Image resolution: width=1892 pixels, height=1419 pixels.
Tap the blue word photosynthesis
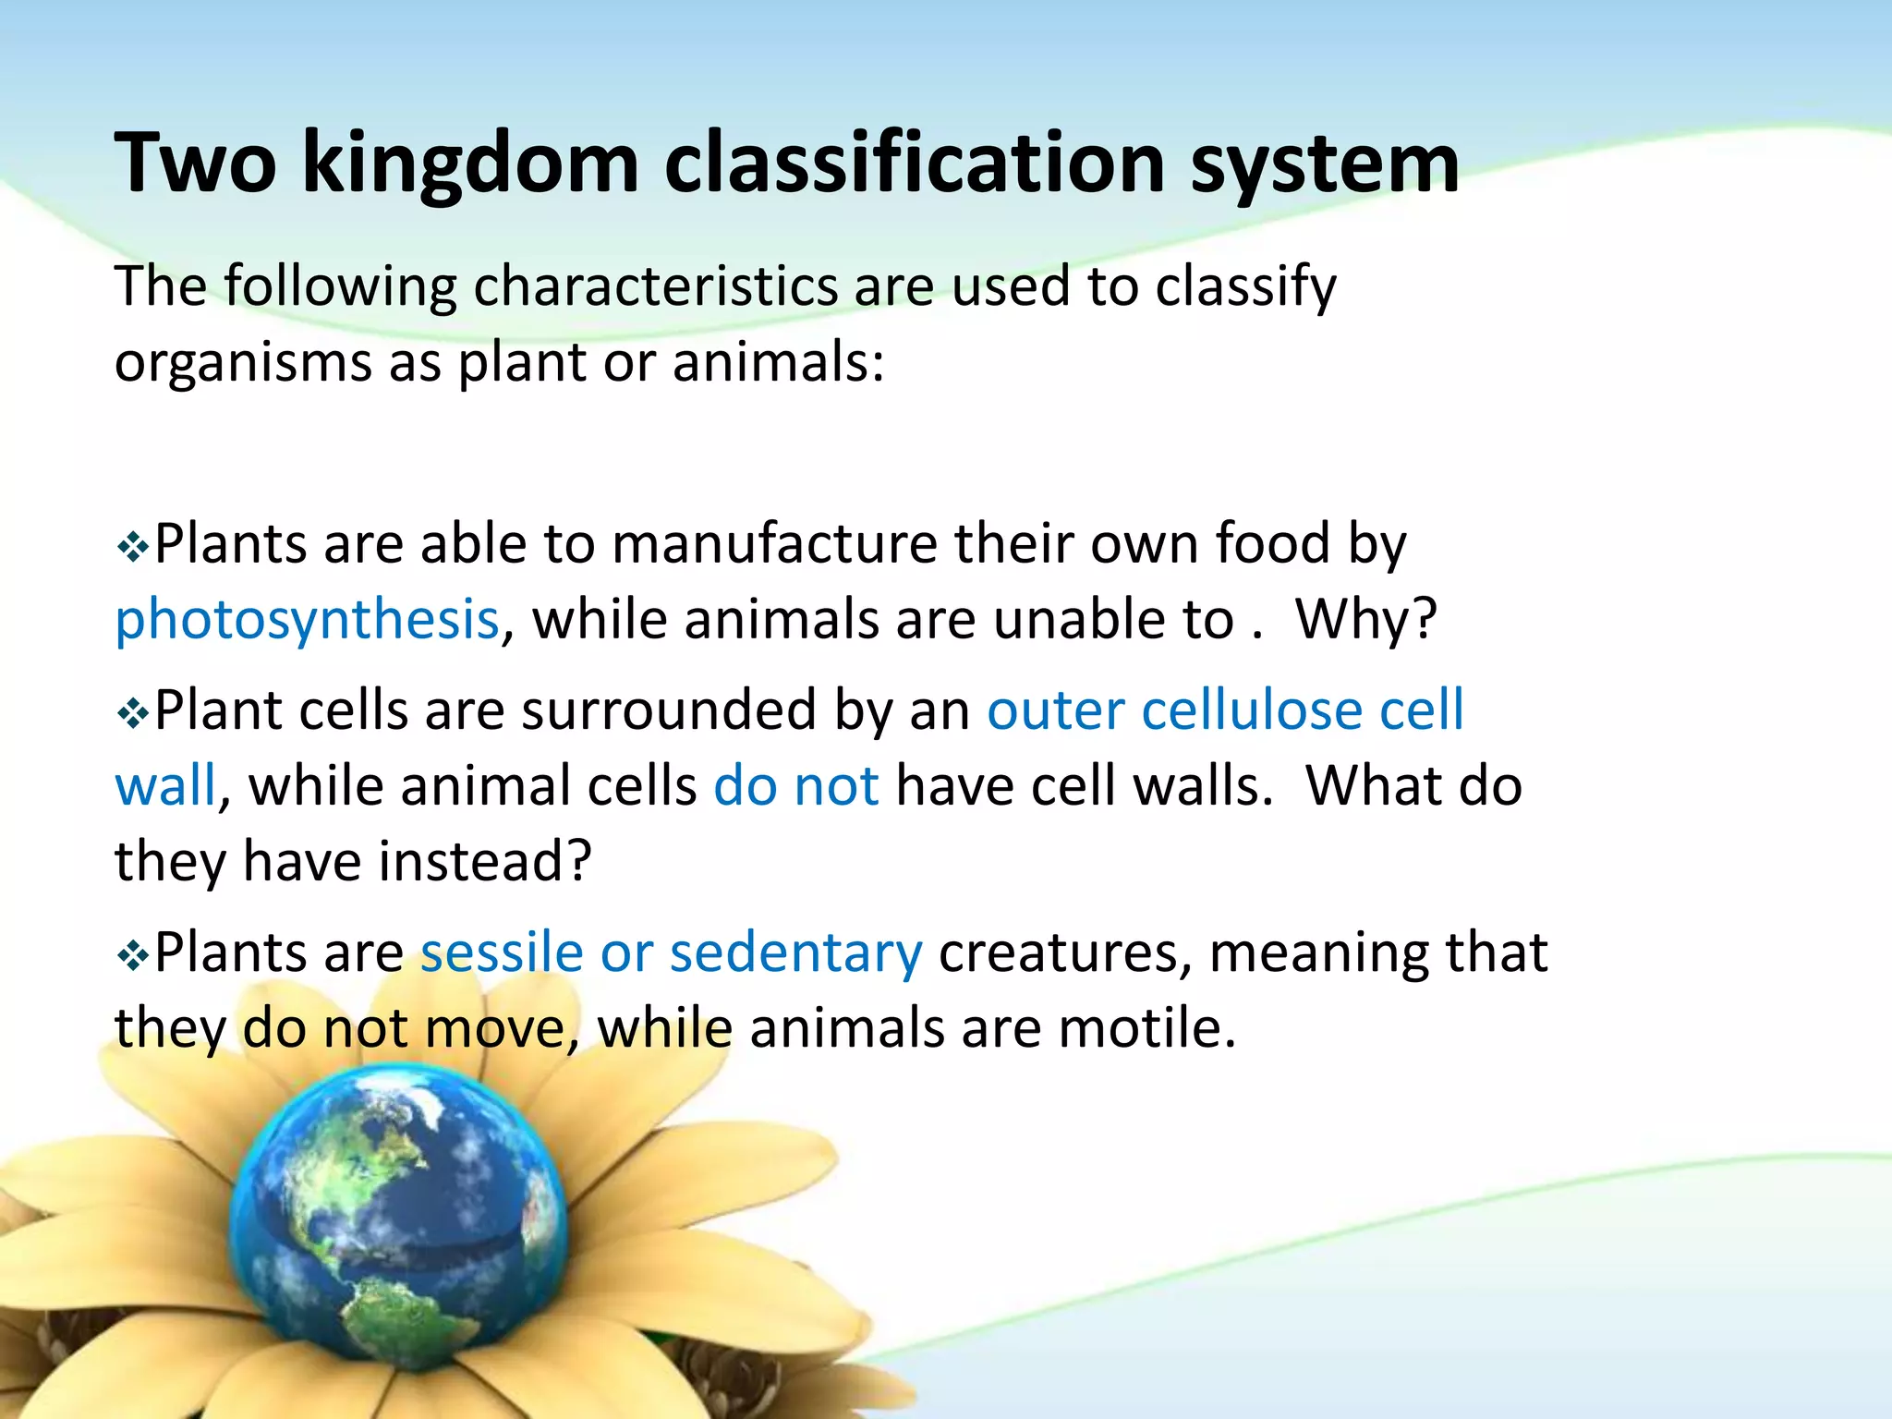(307, 619)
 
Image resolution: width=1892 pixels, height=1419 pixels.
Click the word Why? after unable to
(1366, 619)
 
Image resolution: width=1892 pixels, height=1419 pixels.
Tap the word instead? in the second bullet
(485, 861)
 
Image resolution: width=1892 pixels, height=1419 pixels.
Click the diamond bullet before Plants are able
(133, 548)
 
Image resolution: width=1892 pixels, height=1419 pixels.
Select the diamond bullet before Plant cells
(133, 714)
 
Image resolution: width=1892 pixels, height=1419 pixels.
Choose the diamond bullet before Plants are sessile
(133, 956)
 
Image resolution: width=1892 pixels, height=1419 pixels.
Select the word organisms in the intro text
(243, 361)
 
